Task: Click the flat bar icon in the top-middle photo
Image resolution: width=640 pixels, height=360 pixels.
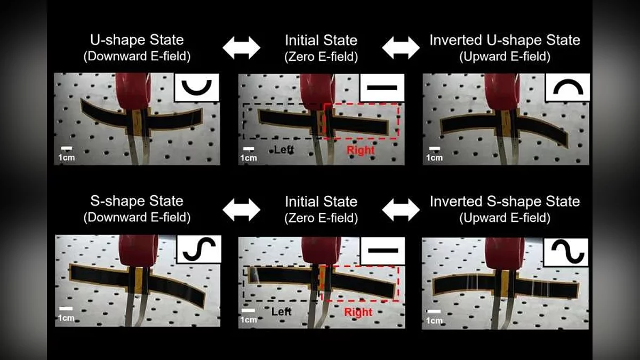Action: pyautogui.click(x=382, y=87)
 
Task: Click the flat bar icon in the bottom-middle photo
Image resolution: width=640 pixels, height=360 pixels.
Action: pyautogui.click(x=383, y=251)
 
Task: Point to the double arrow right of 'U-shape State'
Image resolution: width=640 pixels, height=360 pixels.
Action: pyautogui.click(x=242, y=47)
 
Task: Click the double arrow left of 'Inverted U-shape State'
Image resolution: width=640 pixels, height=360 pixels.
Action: pyautogui.click(x=401, y=47)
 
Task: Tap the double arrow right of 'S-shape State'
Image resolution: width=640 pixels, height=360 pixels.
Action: pyautogui.click(x=242, y=210)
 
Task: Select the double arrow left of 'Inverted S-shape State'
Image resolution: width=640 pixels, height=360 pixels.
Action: pyautogui.click(x=401, y=210)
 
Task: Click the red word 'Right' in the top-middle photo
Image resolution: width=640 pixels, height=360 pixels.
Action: pyautogui.click(x=361, y=150)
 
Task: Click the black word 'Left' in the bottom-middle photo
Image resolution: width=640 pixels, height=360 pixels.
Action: pyautogui.click(x=282, y=311)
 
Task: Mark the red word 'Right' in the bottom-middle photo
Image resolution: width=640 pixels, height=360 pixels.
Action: pyautogui.click(x=358, y=313)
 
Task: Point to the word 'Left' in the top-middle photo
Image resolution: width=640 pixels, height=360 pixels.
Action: pyautogui.click(x=284, y=149)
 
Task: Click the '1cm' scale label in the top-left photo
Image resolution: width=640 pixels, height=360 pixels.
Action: pyautogui.click(x=67, y=157)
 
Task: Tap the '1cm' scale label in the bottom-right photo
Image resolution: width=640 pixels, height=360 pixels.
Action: pyautogui.click(x=434, y=321)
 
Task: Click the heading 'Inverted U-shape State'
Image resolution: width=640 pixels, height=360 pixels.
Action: pyautogui.click(x=505, y=40)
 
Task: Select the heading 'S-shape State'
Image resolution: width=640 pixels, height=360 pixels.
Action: pyautogui.click(x=137, y=201)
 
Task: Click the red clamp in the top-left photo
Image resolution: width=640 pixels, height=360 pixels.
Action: pyautogui.click(x=133, y=91)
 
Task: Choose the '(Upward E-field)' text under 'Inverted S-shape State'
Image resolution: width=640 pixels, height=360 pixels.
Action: pyautogui.click(x=505, y=218)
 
